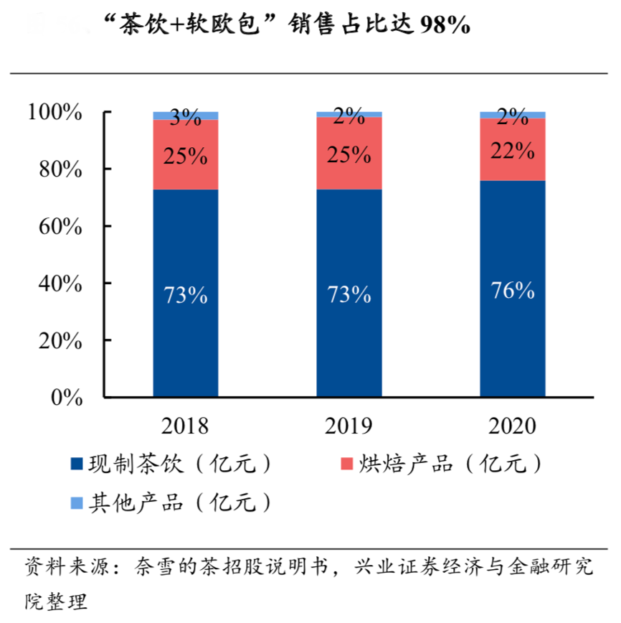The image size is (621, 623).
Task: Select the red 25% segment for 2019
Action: (349, 172)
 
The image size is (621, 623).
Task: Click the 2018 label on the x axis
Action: (185, 426)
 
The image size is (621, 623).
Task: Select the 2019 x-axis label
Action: (349, 426)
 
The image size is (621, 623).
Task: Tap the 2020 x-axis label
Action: (513, 426)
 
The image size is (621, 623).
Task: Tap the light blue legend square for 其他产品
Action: (77, 503)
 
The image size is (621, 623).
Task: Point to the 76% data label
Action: (513, 291)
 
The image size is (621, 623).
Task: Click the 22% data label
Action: (513, 151)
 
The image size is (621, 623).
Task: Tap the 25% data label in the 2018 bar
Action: (185, 155)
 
